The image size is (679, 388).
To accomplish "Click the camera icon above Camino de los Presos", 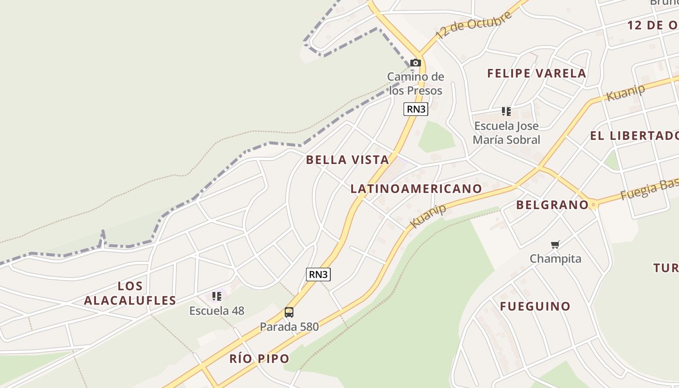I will (416, 63).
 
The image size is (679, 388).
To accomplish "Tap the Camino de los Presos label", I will (416, 83).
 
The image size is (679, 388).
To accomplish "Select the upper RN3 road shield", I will (416, 109).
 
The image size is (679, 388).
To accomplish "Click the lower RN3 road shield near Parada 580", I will (319, 275).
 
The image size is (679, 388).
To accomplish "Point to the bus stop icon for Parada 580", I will (289, 312).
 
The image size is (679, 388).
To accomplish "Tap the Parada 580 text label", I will (289, 326).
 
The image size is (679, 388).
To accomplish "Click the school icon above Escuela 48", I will (217, 296).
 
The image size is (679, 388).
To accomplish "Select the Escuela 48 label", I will (217, 310).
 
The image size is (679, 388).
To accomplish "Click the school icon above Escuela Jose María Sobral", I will (506, 112).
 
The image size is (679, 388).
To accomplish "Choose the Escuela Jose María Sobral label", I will (506, 133).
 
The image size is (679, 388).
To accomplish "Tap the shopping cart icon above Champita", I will (555, 244).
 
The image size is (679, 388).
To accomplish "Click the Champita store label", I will (555, 259).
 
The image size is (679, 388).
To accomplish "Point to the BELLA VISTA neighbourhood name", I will (347, 160).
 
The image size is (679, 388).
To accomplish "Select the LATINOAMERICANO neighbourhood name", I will (416, 189).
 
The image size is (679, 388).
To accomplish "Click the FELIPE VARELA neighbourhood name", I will (536, 74).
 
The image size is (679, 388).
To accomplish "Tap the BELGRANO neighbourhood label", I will (552, 205).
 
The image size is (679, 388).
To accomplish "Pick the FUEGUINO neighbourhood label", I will (535, 307).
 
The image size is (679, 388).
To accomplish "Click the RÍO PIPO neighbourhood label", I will (259, 359).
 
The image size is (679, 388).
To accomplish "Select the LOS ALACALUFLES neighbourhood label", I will (130, 293).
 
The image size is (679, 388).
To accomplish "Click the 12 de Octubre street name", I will (473, 25).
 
